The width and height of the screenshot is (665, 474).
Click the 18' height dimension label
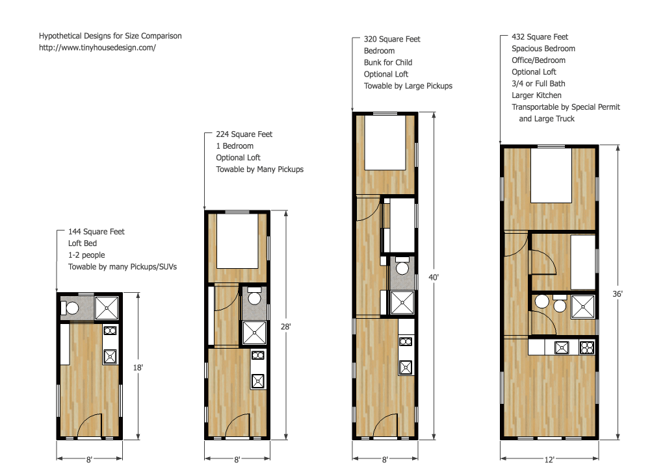click(138, 368)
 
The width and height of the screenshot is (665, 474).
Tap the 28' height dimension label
click(285, 327)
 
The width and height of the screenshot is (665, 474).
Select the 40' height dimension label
click(434, 277)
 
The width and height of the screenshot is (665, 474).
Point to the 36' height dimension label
click(618, 293)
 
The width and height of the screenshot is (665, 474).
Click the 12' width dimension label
click(549, 460)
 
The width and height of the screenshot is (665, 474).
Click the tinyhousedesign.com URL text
click(97, 47)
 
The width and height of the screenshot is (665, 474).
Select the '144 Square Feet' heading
click(96, 232)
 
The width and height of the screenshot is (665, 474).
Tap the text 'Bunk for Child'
click(388, 62)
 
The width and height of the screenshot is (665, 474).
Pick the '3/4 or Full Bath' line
click(538, 84)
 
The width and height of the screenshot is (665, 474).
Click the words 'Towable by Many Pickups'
click(259, 169)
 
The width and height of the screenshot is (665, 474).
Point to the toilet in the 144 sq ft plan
click(70, 308)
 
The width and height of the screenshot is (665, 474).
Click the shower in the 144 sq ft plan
click(107, 308)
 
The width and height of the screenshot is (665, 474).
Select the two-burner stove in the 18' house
click(110, 331)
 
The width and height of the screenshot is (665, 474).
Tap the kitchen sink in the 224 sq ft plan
click(258, 380)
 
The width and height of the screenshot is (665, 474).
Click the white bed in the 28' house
click(237, 241)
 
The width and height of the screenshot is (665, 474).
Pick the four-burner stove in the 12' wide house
click(587, 348)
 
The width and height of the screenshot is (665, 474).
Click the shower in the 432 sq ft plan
click(582, 307)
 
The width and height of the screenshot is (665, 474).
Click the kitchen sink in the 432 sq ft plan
click(562, 348)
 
